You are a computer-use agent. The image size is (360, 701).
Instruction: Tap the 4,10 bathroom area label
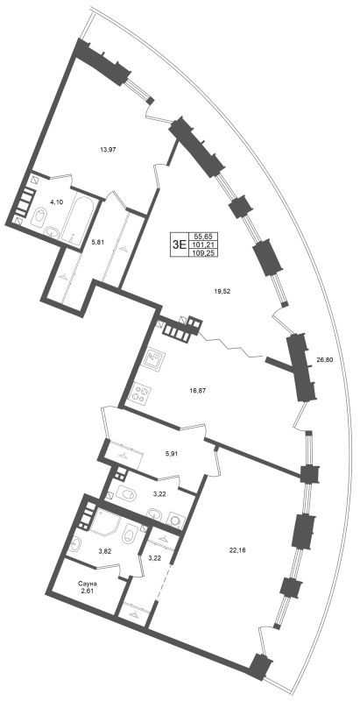click(x=57, y=202)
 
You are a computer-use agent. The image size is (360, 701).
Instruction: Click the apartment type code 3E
click(x=179, y=244)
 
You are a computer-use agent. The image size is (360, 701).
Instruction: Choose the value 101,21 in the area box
click(x=201, y=244)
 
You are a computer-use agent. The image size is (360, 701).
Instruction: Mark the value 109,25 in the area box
click(x=201, y=252)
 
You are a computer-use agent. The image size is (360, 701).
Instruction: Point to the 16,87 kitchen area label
click(x=198, y=390)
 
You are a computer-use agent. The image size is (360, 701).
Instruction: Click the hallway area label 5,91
click(x=172, y=453)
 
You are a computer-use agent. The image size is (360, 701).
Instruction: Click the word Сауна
click(x=88, y=584)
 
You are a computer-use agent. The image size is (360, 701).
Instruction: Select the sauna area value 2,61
click(x=88, y=591)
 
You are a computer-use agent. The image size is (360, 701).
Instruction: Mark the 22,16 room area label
click(x=236, y=550)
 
